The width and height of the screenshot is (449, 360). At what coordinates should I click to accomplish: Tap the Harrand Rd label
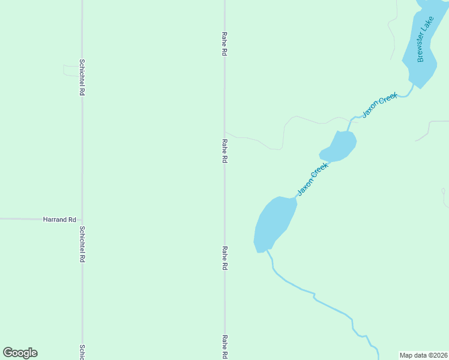pos(59,220)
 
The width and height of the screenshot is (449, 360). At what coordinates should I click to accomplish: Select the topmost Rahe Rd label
pos(224,44)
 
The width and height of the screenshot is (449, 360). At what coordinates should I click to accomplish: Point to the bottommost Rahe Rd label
pos(224,346)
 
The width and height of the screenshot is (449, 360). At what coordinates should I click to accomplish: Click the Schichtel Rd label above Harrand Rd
pos(82,77)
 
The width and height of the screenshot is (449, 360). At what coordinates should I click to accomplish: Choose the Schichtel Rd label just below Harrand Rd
pos(82,244)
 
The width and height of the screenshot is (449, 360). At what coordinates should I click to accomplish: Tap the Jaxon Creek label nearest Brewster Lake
pos(379,104)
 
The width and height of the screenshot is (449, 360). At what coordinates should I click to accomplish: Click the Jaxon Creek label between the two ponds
pos(313,179)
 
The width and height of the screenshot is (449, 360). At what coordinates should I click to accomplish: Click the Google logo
pos(20,353)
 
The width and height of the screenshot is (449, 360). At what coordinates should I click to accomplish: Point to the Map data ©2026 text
pos(424,355)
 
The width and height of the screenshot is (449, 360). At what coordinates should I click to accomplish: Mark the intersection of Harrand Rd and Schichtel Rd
pos(82,219)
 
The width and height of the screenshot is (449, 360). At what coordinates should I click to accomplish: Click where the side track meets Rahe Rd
pos(225,133)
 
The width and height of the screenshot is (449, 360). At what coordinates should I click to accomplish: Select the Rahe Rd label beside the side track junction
pos(224,151)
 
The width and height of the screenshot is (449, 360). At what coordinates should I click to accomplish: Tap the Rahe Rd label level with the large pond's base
pos(224,258)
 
